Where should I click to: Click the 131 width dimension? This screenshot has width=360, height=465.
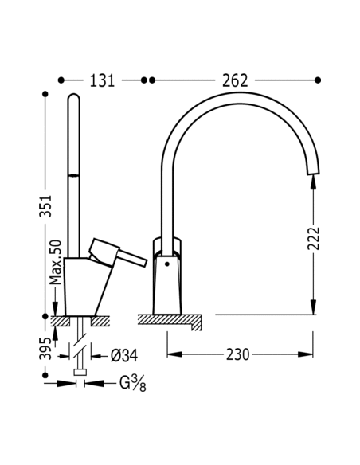[102, 80]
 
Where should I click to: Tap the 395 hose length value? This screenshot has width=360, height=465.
[46, 348]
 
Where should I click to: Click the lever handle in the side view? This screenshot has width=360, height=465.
[119, 253]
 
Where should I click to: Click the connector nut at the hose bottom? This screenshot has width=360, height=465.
[79, 372]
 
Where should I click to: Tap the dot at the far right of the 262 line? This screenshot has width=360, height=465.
[318, 80]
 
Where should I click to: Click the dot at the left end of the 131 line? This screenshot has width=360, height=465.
[61, 80]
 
